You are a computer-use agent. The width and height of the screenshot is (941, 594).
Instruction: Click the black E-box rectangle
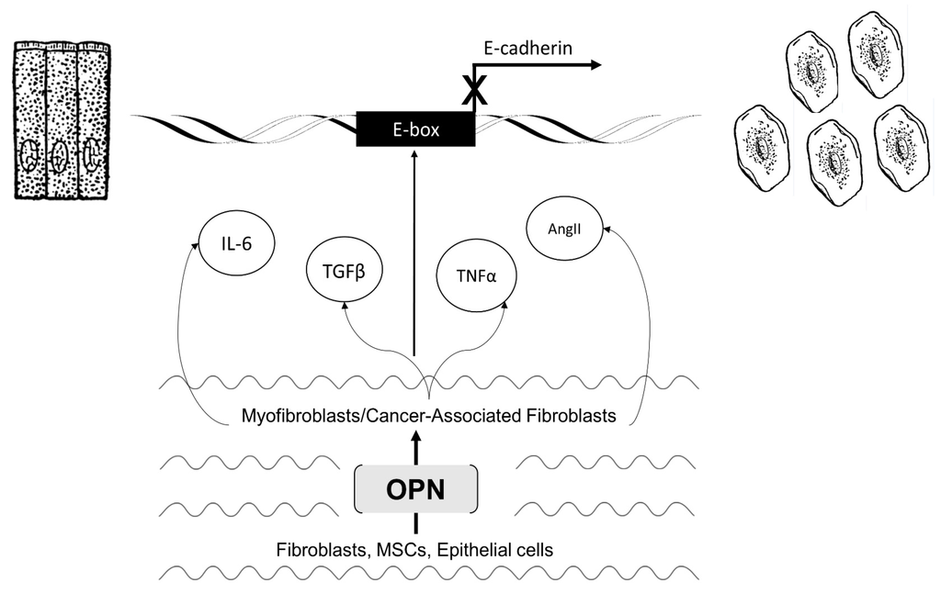[415, 129]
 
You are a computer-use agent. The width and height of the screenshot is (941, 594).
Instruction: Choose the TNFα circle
[474, 274]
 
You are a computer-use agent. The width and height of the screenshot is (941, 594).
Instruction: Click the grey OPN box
[416, 489]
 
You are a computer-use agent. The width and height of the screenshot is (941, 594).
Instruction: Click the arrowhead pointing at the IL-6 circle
[196, 244]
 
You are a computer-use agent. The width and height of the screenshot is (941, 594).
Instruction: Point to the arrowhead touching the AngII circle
[606, 232]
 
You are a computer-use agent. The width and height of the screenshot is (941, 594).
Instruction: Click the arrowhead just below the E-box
[415, 153]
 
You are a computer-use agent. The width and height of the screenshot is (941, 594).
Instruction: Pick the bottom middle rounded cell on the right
[833, 162]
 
